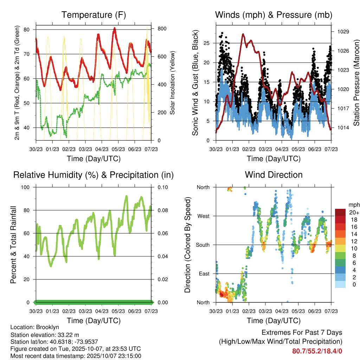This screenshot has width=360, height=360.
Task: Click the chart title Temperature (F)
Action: coord(94,15)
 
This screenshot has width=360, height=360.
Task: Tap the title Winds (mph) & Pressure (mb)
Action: coord(274,15)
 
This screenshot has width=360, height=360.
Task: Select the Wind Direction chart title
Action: coord(274,174)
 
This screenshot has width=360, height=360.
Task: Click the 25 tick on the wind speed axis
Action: coord(207,43)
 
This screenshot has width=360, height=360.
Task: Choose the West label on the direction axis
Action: coord(203,216)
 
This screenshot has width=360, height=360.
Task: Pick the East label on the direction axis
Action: coord(204,274)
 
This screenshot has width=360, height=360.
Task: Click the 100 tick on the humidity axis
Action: coord(26,187)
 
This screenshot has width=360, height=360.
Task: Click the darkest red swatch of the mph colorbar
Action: coord(340,212)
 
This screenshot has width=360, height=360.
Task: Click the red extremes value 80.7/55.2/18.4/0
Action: coord(317,351)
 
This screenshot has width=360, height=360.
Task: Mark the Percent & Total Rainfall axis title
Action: coord(13,245)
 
